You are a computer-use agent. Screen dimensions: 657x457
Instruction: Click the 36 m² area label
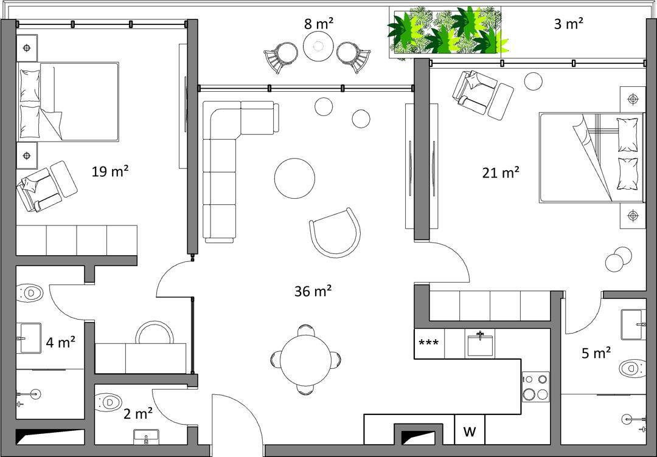pos(313,291)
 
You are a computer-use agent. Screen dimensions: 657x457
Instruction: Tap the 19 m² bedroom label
pos(109,171)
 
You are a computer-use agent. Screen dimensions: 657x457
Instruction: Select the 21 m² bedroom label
pos(501,172)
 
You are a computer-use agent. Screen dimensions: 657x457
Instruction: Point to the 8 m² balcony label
pos(319,24)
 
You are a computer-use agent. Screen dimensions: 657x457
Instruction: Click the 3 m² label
pos(569,24)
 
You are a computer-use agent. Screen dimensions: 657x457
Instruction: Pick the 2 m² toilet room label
pos(138,413)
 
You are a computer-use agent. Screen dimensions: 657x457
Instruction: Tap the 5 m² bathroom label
pos(596,353)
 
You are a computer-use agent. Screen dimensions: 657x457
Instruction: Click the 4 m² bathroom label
pos(61,342)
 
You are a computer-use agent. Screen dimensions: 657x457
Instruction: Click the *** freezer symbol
pos(429,343)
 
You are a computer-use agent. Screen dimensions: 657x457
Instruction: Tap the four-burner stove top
pos(535,387)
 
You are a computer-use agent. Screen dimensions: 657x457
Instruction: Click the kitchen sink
pos(480,343)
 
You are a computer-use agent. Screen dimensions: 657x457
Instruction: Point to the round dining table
pos(305,360)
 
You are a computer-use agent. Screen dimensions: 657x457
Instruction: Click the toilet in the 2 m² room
pos(108,402)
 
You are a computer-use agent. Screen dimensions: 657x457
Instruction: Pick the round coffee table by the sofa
pos(294,178)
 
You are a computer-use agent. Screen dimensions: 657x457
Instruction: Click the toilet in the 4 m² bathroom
pos(30,292)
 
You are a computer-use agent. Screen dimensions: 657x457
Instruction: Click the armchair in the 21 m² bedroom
pos(482,95)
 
